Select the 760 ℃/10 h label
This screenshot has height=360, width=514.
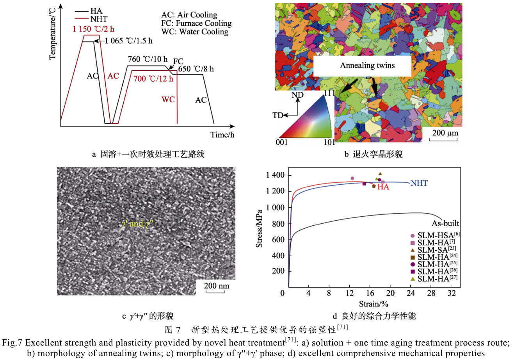[x=148, y=59]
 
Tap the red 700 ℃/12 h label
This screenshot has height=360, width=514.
[x=153, y=79]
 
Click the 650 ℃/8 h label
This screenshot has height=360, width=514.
[x=196, y=69]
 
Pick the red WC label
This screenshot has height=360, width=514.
[x=168, y=100]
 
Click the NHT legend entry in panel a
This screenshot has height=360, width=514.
[x=98, y=19]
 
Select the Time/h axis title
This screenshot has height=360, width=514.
[x=222, y=135]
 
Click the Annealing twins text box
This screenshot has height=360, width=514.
[x=367, y=66]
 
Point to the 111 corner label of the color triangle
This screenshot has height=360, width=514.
[x=329, y=93]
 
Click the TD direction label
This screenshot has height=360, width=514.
[x=277, y=115]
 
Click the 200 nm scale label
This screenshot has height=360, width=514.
[x=217, y=285]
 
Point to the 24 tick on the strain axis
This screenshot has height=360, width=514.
[x=411, y=293]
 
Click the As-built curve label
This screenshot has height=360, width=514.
[x=445, y=224]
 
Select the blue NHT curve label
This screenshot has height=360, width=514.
[x=419, y=183]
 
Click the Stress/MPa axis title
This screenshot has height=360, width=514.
[x=259, y=229]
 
